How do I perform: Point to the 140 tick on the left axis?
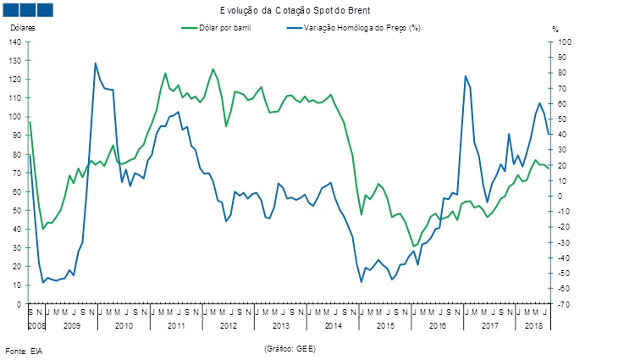[x=15, y=42]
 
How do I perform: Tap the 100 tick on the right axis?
[x=561, y=42]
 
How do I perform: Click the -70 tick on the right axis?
[x=560, y=303]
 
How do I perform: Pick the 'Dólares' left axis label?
[x=23, y=28]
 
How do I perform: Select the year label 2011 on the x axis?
[x=175, y=325]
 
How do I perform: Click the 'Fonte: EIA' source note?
[x=24, y=350]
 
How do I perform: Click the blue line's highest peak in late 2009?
[x=96, y=63]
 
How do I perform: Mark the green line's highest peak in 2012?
[x=213, y=69]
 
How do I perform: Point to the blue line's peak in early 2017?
[x=465, y=76]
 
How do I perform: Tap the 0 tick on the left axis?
[x=19, y=303]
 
